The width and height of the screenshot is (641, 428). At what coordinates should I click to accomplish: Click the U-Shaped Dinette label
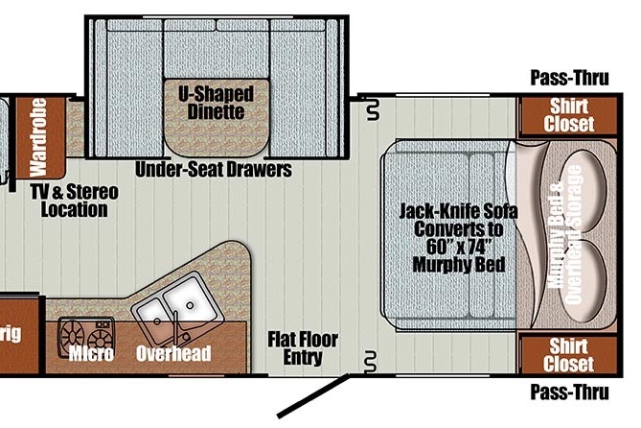tap(216, 103)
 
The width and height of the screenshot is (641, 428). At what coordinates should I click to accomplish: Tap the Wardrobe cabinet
tap(40, 137)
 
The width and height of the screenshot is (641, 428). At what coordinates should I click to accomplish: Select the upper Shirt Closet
tap(568, 115)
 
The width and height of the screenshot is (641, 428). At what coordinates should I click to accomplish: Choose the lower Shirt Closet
tap(568, 355)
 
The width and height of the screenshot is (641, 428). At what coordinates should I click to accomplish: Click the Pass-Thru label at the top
tap(569, 78)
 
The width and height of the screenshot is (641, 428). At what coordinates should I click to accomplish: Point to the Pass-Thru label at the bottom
tap(569, 392)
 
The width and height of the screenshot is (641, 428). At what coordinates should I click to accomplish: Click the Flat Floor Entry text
tap(303, 348)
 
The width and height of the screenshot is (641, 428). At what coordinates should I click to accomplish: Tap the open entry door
tap(313, 395)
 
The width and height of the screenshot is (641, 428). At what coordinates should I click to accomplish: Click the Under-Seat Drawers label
tap(214, 170)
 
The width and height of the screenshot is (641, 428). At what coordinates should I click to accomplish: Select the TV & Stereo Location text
tap(75, 201)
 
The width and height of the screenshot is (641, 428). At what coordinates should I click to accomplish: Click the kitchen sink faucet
tap(176, 327)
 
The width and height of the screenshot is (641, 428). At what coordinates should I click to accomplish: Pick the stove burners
tap(86, 336)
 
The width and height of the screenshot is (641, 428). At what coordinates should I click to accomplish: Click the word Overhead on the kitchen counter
tap(173, 354)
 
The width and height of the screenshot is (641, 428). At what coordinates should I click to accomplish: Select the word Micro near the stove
tap(91, 354)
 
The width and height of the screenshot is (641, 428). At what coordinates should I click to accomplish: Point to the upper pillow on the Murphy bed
tap(583, 191)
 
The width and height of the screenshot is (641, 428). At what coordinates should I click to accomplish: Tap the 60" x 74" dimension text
tap(459, 247)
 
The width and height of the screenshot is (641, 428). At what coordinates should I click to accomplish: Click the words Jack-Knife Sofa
tap(458, 211)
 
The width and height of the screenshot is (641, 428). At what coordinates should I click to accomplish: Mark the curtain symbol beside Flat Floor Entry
tap(371, 362)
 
